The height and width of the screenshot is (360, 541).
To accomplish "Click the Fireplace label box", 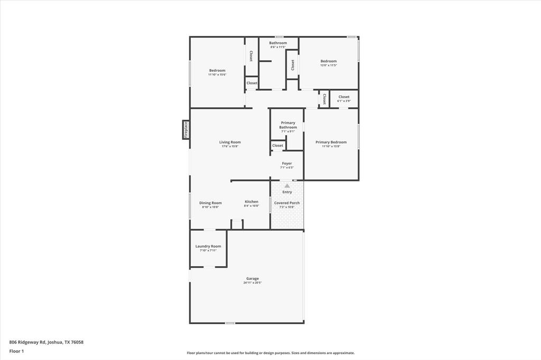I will coord(186,130).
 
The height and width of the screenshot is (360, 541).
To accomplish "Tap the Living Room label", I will coord(230,142).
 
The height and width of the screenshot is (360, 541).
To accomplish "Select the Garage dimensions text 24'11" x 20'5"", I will coord(252,283).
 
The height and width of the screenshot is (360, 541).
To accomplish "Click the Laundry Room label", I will coord(208,246).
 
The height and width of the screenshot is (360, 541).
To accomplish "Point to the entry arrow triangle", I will coord(287,185).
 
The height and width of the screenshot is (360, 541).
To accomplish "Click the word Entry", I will coord(287,192).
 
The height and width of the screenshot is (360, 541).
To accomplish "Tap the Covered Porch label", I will coord(287,203).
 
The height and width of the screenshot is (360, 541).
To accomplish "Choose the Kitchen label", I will coord(251,202).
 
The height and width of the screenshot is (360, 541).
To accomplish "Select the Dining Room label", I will coord(210,203).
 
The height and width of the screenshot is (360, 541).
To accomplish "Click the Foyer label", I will coord(287,164).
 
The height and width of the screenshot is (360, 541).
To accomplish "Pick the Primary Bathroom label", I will coord(288,125).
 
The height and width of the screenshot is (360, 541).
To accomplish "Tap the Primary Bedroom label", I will coord(331,142).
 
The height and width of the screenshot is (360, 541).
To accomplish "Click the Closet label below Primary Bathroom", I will coord(278,146).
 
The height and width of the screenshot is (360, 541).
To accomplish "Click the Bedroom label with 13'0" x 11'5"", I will coord(328,61).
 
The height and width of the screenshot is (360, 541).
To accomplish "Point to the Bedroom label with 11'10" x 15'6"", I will coord(217,71).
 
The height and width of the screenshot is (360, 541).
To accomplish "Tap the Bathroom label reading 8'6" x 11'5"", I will coord(278,43).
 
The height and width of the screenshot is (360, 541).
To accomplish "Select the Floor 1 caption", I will coord(16,351).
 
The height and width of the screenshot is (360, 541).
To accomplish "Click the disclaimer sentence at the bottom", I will coord(270,353).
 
